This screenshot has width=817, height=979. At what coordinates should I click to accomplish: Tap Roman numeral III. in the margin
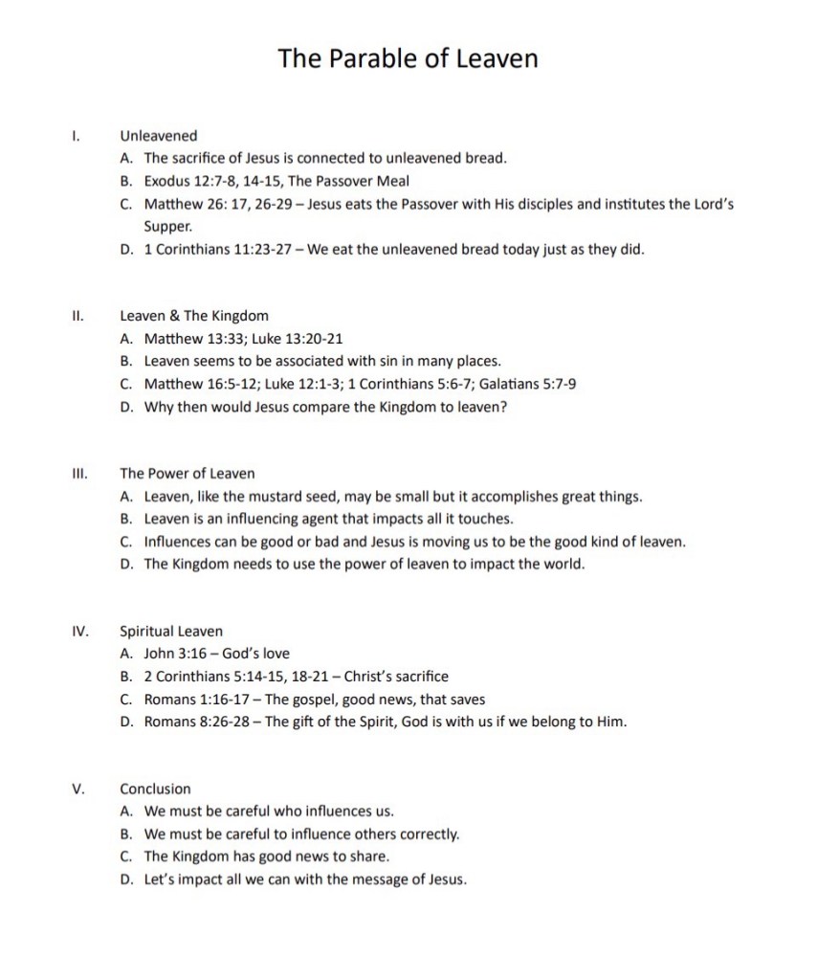[x=80, y=473]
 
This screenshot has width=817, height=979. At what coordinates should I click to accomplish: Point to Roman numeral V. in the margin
[x=78, y=789]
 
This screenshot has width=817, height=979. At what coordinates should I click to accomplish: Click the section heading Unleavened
[x=158, y=136]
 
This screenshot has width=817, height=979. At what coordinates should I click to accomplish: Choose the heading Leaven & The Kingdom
[x=194, y=316]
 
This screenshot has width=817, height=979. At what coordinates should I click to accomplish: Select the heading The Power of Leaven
[x=187, y=473]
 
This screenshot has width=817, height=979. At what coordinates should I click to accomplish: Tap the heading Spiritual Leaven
[x=171, y=631]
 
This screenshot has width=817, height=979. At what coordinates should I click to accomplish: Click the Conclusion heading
[x=155, y=789]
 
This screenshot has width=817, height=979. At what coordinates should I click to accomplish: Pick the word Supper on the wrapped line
[x=167, y=227]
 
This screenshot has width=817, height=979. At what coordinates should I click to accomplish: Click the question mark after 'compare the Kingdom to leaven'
[x=503, y=407]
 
